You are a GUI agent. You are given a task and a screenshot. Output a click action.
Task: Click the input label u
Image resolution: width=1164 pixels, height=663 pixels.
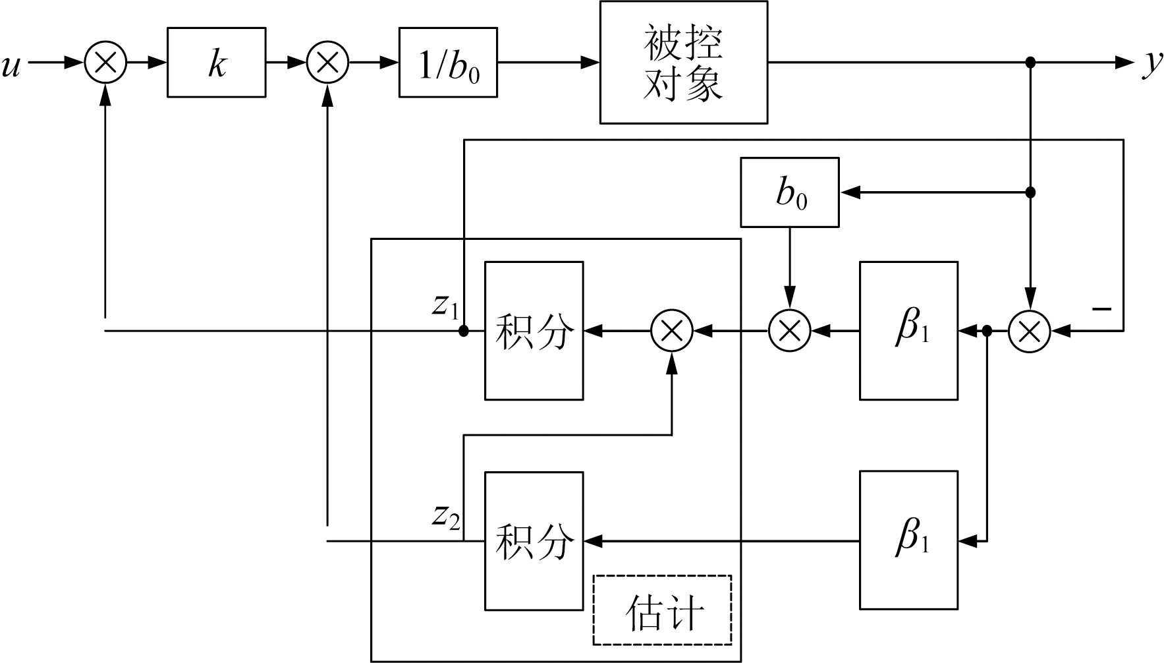click(11, 65)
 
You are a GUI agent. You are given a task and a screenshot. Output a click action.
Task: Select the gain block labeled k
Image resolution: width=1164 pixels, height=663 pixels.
click(217, 63)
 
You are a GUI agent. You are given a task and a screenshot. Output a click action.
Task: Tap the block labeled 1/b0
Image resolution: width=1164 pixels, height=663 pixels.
click(448, 63)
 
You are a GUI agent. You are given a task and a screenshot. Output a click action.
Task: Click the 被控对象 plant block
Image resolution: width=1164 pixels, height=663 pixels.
click(683, 62)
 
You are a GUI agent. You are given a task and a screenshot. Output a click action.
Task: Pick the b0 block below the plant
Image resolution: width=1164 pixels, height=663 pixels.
click(790, 192)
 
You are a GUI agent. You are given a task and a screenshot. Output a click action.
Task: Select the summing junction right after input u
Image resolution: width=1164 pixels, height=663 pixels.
click(105, 63)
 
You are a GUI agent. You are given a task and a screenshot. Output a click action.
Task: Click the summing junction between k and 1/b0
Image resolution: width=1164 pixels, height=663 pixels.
click(327, 63)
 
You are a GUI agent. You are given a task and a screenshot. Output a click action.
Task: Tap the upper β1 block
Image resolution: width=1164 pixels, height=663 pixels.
click(908, 331)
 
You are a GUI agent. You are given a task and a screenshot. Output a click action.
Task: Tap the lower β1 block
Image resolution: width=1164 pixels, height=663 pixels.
click(908, 541)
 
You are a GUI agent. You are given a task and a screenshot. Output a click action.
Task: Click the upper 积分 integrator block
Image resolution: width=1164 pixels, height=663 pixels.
click(534, 331)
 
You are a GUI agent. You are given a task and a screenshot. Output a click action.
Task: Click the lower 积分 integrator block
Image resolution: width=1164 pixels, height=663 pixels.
click(534, 541)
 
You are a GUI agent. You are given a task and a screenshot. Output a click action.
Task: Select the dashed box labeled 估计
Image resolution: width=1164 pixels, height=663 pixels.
click(663, 610)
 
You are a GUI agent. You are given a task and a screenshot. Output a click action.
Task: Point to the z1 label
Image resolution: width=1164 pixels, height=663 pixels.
click(445, 306)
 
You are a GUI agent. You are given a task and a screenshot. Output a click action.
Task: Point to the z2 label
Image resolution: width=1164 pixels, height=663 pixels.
click(445, 517)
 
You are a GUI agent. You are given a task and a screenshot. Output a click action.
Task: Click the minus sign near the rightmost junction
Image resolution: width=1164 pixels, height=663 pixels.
click(1101, 308)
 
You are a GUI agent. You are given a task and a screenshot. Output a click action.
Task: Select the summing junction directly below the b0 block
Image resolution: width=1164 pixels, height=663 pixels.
click(790, 330)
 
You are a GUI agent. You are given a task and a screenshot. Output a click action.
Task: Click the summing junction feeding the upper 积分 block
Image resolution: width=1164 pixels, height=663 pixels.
click(672, 330)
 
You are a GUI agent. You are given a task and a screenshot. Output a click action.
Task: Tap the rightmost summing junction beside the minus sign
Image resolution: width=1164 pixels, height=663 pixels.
click(1030, 330)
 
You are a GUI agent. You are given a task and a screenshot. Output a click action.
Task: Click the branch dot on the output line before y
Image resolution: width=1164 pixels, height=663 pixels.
click(1031, 63)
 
